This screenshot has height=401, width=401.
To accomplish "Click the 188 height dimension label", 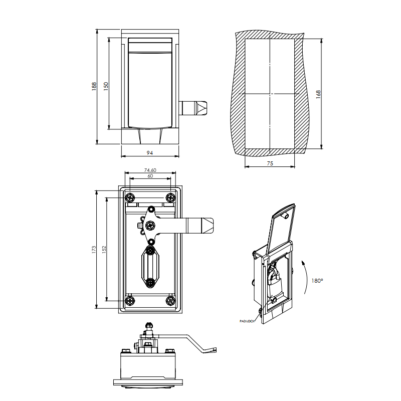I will point(94,86).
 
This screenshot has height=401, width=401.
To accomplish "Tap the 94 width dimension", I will point(149,152).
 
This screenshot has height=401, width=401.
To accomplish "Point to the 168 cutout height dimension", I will point(318,94).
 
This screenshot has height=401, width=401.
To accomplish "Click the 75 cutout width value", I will point(270,163).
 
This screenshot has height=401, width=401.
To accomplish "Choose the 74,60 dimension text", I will point(150,170).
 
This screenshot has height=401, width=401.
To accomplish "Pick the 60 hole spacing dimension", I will point(150,176).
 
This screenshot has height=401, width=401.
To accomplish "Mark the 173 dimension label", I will point(94,249).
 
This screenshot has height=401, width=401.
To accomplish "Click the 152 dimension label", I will point(104,249).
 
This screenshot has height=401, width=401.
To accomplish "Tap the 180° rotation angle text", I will point(317,281).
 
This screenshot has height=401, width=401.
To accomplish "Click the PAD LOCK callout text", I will point(248,321).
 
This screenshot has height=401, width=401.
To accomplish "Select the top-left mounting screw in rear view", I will point(130,196).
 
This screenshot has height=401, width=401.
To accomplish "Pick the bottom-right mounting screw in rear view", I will point(170,301).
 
